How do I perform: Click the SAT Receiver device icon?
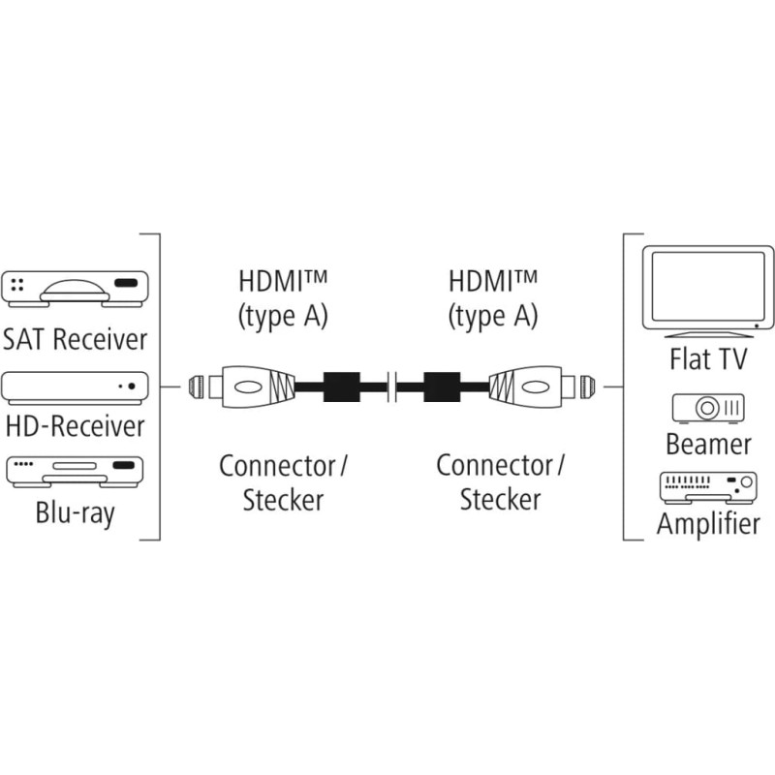pos(76,287)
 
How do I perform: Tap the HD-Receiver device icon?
pos(76,387)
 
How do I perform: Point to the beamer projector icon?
pos(709,407)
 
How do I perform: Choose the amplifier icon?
pos(708,486)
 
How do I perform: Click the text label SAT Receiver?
pos(76,339)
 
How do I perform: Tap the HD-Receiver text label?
pos(76,426)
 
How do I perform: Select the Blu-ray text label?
pos(76,511)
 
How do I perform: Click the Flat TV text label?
pos(708,360)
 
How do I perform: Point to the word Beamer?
pos(708,445)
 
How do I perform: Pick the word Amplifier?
pos(708,524)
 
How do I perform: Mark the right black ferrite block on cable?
pos(439,387)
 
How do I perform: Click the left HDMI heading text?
pos(283,282)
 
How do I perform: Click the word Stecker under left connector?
pos(283,500)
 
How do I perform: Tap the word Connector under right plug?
pos(494,466)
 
